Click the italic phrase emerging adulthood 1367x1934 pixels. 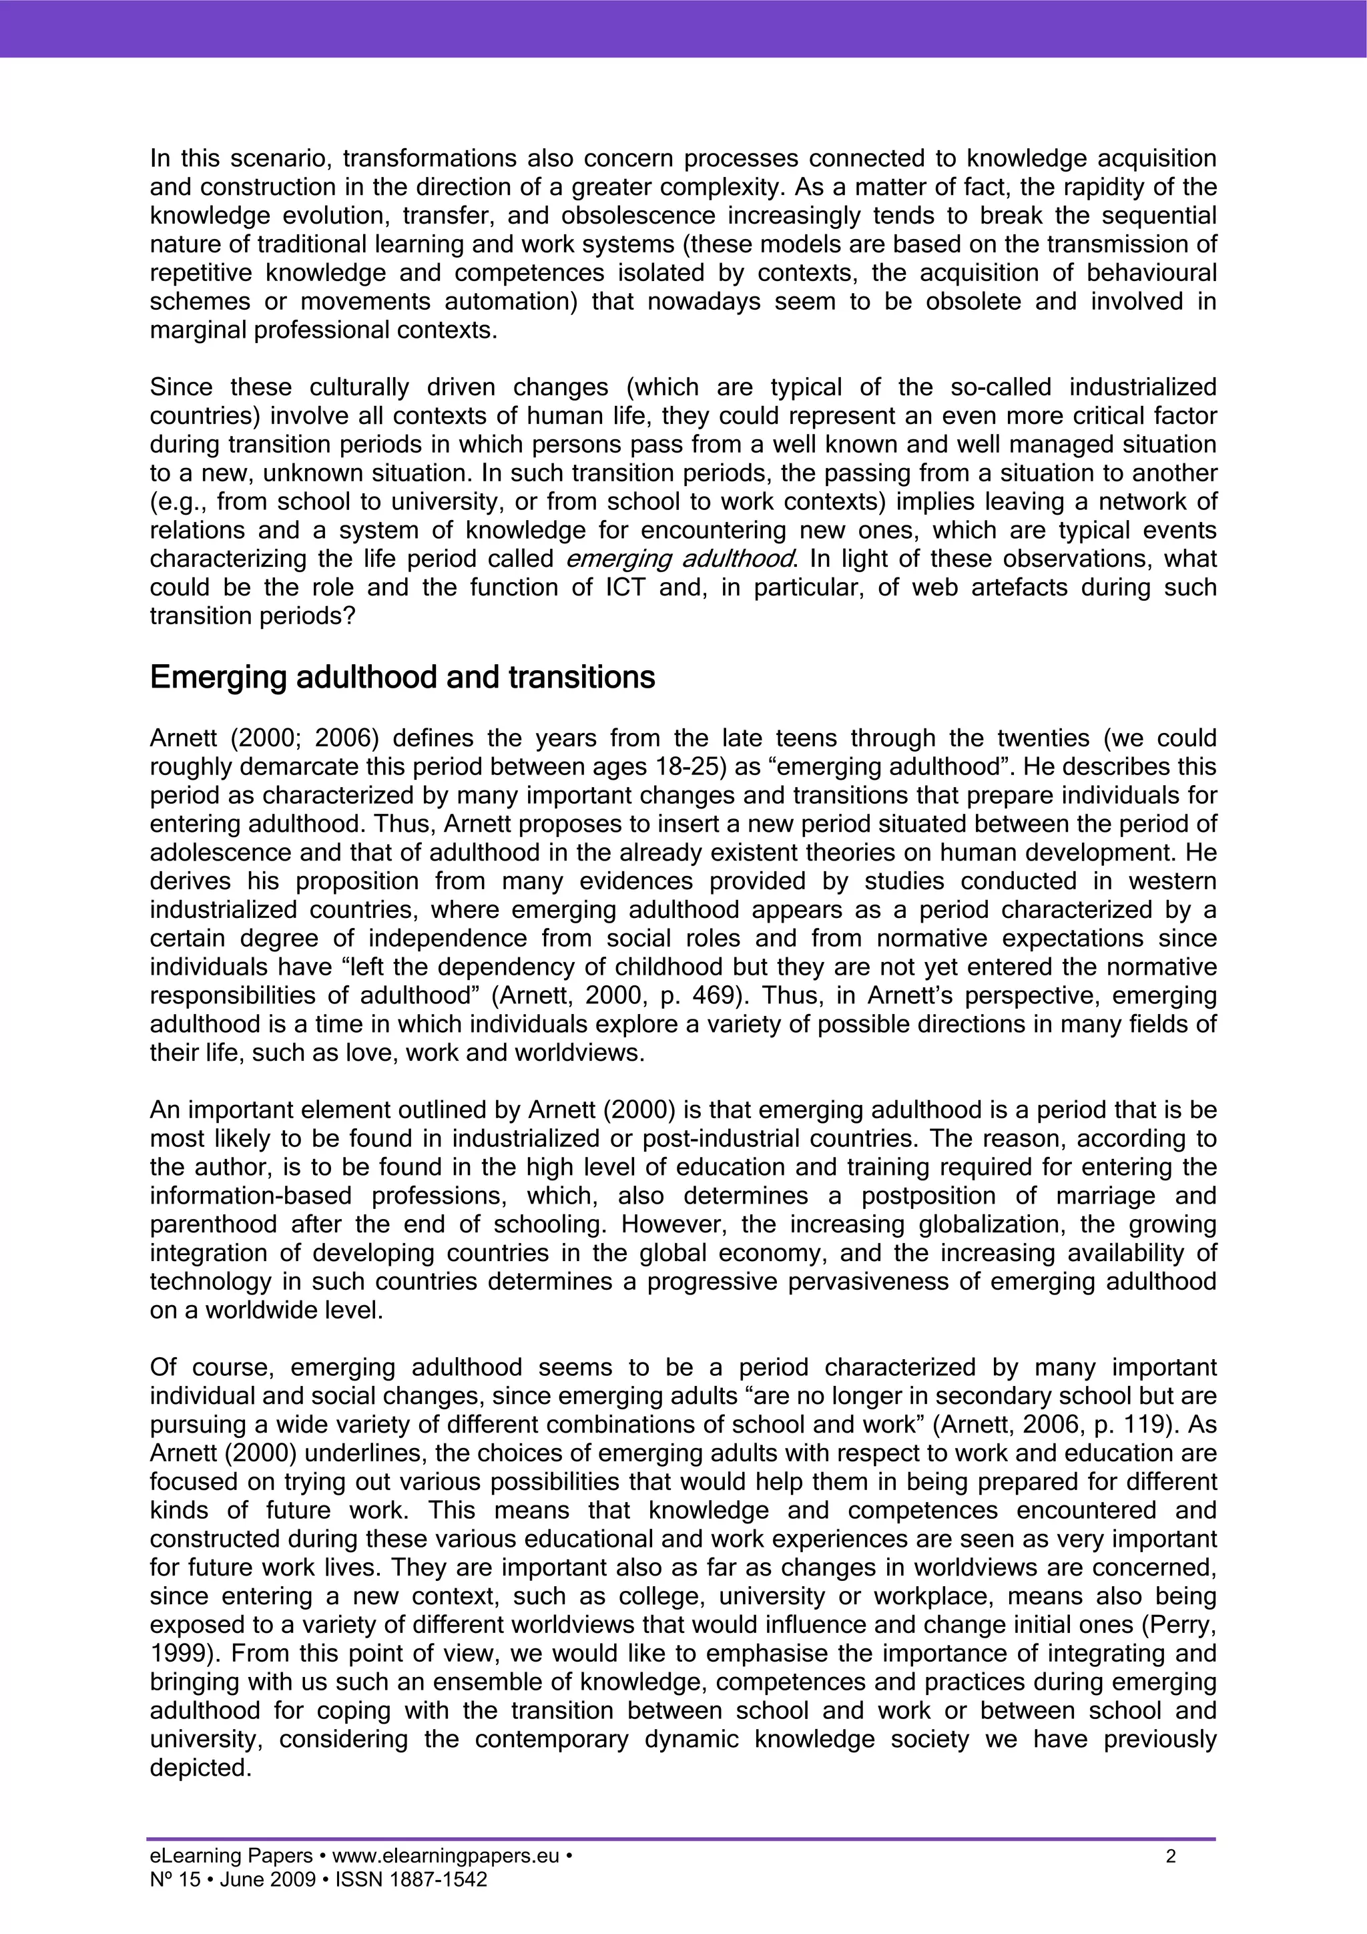[679, 559]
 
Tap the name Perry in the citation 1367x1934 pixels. [1181, 1625]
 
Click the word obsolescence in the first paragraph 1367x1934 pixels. [637, 216]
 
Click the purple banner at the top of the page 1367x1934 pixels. [683, 28]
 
